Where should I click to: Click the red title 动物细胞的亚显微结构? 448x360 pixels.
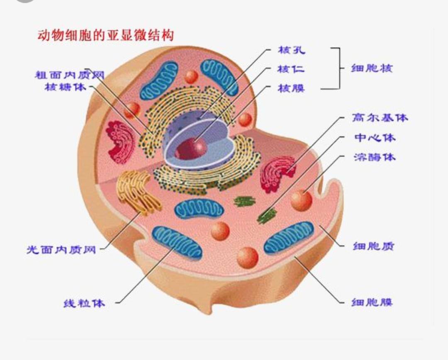[105, 36]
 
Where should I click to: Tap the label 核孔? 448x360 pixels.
[292, 50]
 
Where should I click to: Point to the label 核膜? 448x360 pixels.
[292, 88]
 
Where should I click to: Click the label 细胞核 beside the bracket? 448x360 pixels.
[372, 68]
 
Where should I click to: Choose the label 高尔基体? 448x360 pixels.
[380, 117]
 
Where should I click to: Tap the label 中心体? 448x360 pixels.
[375, 138]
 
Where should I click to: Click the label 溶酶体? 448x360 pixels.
[375, 157]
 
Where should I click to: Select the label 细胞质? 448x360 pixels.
[374, 246]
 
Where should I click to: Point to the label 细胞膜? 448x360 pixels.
[372, 302]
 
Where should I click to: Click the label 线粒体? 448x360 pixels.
[84, 303]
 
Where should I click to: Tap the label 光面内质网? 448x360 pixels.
[61, 249]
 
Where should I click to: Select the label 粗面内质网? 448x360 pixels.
[70, 75]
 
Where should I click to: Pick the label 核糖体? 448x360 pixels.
[66, 87]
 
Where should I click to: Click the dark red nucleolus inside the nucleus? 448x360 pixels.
[191, 148]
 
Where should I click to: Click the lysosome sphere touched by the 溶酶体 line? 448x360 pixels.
[301, 200]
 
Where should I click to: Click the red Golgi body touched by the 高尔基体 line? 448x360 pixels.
[277, 174]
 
